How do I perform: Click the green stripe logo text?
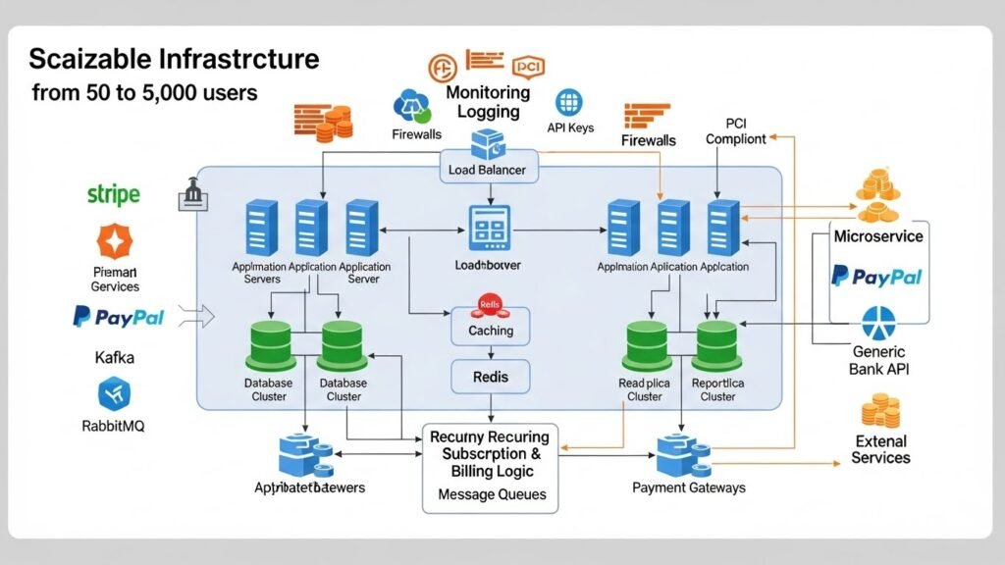tap(114, 195)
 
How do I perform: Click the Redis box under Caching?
tap(490, 377)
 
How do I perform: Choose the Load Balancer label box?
tap(487, 170)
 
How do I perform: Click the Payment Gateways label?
tap(688, 488)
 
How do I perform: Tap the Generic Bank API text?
tap(879, 361)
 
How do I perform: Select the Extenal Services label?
tap(880, 449)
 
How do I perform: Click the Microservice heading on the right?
tap(877, 236)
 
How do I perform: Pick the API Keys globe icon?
tap(570, 102)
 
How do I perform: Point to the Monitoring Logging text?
tap(488, 102)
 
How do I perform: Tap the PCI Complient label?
tap(736, 131)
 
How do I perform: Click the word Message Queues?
tap(490, 493)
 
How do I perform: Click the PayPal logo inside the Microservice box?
tap(876, 277)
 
